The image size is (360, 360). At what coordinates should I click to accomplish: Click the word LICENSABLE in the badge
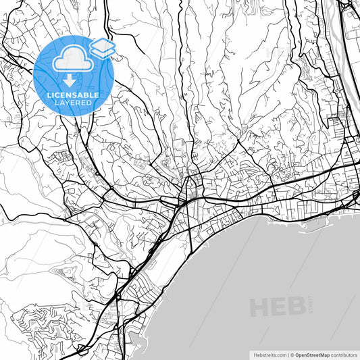point(73,95)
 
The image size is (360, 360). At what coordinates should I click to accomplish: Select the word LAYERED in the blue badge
point(73,103)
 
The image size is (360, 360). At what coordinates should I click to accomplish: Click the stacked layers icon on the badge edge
point(103,47)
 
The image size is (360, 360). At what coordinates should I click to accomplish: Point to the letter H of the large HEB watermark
point(261,308)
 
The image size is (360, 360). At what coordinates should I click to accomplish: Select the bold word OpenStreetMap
point(311,354)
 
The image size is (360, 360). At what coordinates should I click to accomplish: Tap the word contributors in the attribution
point(344,354)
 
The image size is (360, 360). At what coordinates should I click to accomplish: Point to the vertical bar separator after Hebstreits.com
point(286,354)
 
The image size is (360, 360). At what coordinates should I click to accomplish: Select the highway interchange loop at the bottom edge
point(83,349)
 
